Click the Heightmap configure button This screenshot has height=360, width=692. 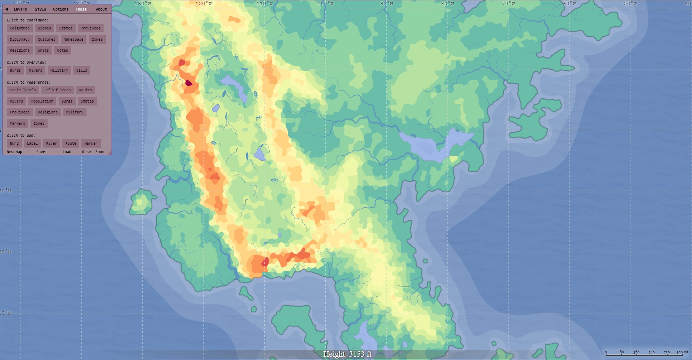20,28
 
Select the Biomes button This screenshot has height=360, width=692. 44,28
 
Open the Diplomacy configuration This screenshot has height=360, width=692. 20,40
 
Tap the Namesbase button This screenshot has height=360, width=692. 73,40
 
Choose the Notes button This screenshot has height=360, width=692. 63,51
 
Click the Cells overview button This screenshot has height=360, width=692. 82,71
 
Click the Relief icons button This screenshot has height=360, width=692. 57,90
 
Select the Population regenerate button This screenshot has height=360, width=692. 42,101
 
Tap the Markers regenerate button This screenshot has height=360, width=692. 17,124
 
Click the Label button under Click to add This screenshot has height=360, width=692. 32,144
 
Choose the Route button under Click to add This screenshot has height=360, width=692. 71,144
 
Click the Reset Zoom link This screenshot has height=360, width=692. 93,152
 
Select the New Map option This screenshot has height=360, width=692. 15,152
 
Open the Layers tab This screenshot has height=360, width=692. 20,9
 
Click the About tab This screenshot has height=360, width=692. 101,9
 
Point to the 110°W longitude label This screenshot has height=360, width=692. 265,4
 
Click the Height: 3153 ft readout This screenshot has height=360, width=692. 347,354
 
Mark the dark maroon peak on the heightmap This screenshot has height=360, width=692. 189,83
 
